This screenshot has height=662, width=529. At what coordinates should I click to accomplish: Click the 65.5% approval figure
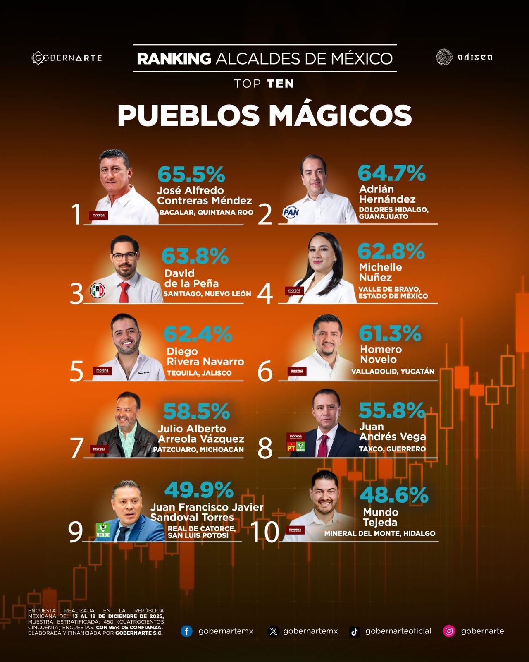point(191,174)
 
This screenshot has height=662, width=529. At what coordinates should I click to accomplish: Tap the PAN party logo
point(291,213)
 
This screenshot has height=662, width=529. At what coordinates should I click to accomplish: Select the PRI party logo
point(98,290)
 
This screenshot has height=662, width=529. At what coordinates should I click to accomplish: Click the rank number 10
point(265,532)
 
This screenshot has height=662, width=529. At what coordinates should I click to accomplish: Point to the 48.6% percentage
point(394,495)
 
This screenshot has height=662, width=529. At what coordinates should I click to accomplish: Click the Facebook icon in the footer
point(186,631)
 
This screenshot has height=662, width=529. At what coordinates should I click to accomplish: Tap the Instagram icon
point(449,631)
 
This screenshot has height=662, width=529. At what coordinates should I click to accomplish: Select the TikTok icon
point(354,631)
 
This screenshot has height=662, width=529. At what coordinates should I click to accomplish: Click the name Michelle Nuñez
point(380,272)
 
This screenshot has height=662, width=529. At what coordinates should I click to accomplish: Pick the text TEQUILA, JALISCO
point(199,373)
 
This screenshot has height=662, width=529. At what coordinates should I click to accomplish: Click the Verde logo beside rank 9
point(103,530)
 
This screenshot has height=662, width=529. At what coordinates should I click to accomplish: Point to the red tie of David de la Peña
point(124,292)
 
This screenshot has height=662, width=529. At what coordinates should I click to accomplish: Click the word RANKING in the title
point(174,58)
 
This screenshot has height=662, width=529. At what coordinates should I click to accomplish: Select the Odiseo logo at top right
point(464,57)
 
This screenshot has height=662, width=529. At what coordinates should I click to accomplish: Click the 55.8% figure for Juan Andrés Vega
point(392,410)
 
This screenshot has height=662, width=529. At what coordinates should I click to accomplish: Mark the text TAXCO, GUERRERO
point(392,449)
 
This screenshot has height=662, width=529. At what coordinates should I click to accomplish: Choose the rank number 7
point(77,449)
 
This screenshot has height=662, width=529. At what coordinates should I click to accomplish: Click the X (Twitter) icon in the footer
point(274,631)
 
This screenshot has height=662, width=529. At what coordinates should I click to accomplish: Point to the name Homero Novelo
point(381,355)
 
